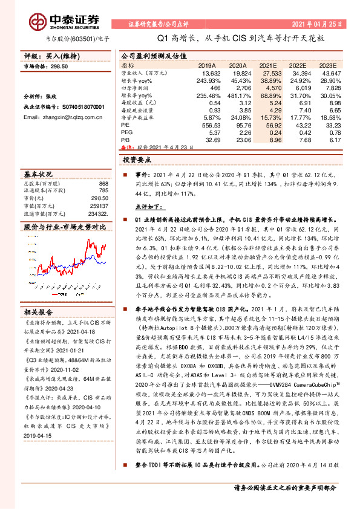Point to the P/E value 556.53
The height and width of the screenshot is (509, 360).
click(207, 124)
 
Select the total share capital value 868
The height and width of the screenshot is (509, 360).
click(103, 184)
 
